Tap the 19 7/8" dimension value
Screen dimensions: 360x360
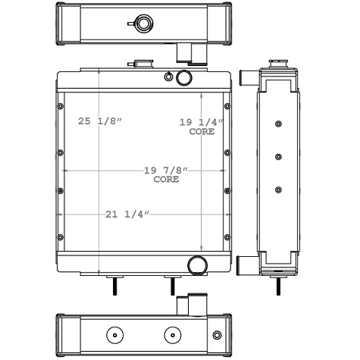pos(165,171)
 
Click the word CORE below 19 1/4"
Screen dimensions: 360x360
pos(202,131)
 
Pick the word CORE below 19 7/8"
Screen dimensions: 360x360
pos(166,180)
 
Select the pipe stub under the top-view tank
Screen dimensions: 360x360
pos(184,52)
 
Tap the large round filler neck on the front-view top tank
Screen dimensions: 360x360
pos(183,77)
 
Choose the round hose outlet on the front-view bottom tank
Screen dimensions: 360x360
pos(198,265)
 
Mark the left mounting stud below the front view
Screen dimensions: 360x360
pos(114,286)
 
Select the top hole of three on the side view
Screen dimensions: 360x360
pos(279,124)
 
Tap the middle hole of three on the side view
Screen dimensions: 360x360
pos(279,157)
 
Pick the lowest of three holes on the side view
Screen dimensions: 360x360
pos(279,189)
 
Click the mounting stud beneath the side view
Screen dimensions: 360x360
pos(281,286)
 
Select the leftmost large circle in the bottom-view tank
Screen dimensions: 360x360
pos(112,334)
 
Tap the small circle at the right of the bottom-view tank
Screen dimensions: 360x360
pos(218,334)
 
